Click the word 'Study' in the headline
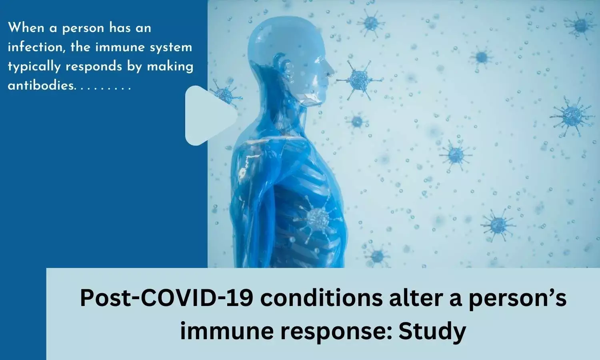click(x=432, y=332)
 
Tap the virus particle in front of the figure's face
click(x=360, y=80)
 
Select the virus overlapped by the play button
click(x=224, y=93)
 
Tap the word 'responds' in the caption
click(x=94, y=66)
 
